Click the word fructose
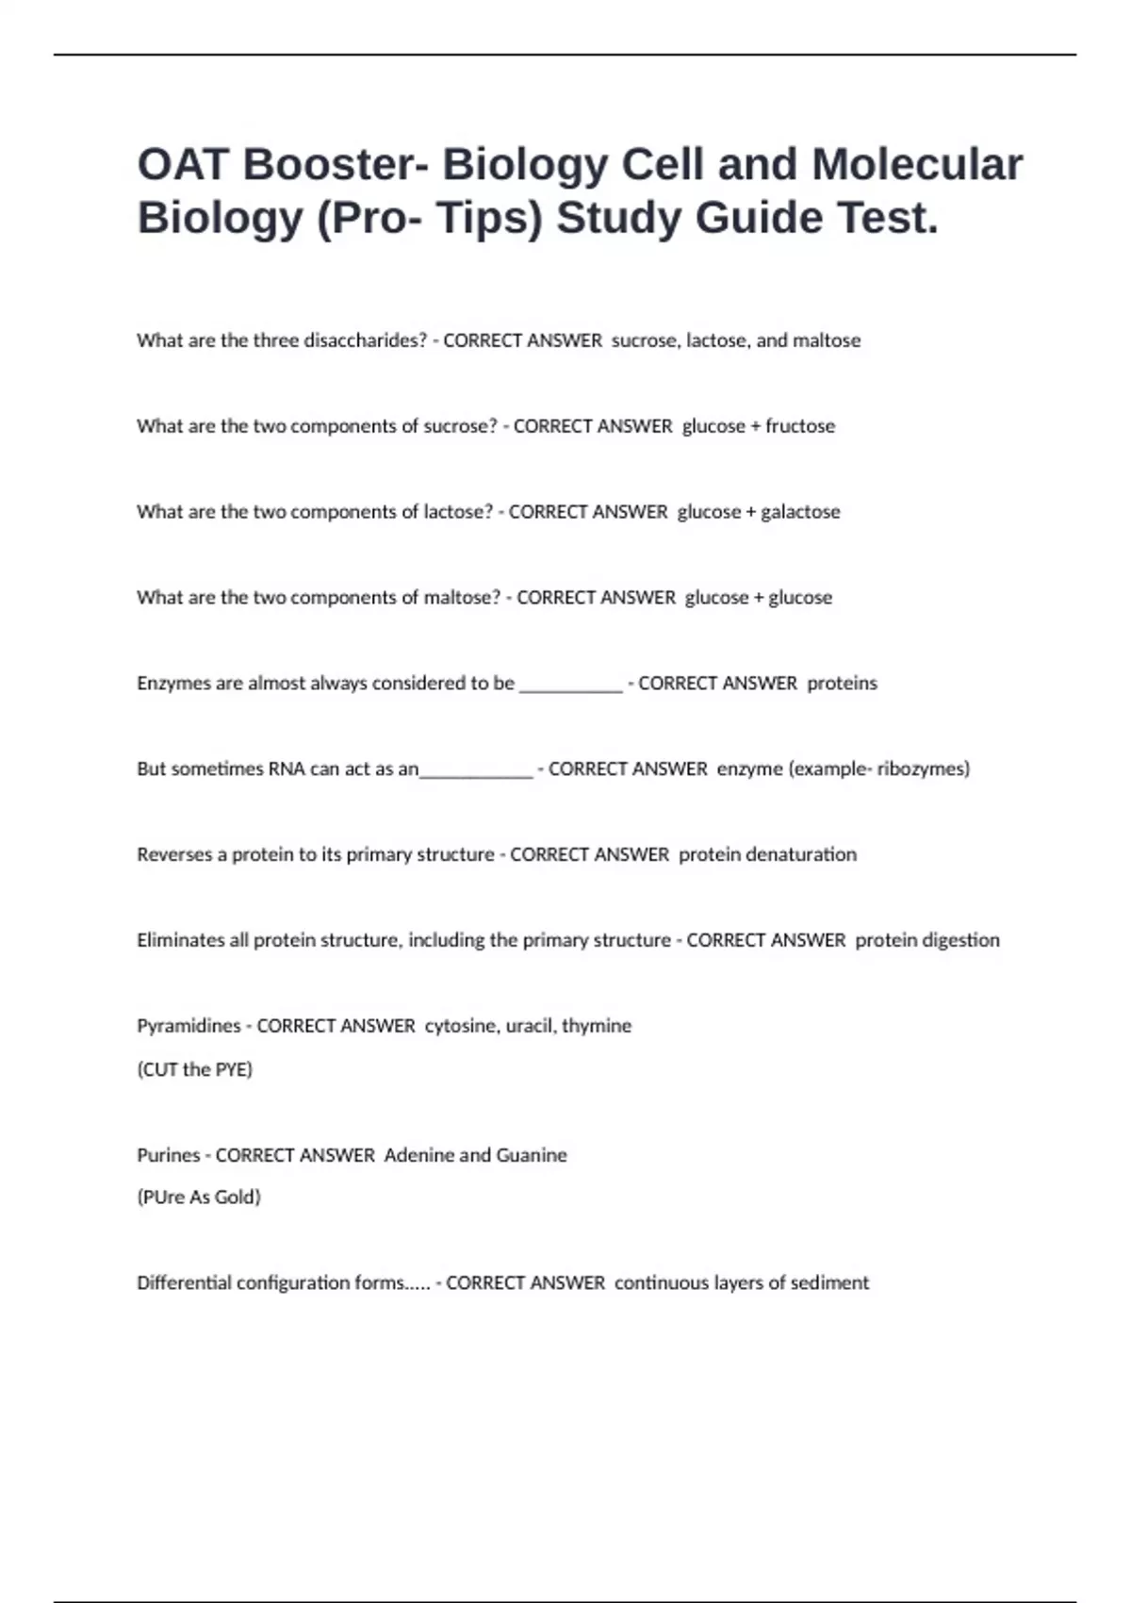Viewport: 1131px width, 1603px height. click(800, 426)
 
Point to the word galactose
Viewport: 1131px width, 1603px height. click(800, 512)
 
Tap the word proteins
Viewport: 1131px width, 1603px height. click(842, 684)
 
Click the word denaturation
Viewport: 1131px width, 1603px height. click(768, 855)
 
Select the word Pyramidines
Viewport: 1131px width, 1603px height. click(188, 1026)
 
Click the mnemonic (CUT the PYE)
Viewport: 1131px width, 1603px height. click(195, 1069)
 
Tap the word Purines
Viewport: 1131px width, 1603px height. click(169, 1155)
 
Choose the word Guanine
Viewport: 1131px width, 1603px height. click(532, 1155)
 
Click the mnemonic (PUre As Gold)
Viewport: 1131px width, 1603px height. click(199, 1198)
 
